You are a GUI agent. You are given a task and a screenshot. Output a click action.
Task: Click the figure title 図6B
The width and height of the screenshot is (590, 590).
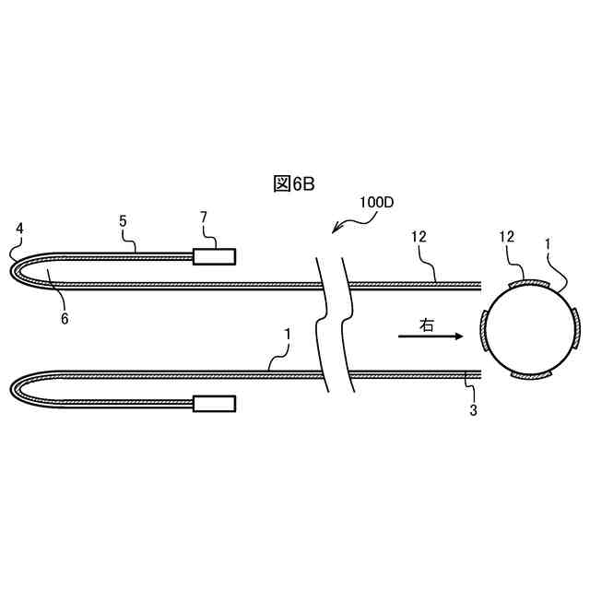pos(294,183)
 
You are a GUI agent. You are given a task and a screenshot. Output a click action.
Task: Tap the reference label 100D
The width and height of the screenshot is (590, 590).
pos(375,203)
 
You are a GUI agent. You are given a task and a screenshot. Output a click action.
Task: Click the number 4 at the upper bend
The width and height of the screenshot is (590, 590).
pos(20,228)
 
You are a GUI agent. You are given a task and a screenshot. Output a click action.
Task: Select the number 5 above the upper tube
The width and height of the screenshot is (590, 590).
pos(123,221)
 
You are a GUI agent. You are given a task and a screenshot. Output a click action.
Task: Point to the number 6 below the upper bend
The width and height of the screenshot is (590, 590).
pos(65,319)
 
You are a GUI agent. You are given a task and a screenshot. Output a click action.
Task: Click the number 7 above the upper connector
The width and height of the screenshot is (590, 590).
pos(204,217)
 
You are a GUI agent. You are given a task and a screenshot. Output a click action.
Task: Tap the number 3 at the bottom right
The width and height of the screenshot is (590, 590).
pos(473,410)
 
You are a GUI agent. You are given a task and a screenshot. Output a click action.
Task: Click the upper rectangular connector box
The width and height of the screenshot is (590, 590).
pos(214,256)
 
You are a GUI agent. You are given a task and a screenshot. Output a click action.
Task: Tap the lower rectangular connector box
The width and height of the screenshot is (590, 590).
pos(214,403)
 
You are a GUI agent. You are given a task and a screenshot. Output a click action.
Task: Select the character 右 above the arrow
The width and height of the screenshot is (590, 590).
pos(425,324)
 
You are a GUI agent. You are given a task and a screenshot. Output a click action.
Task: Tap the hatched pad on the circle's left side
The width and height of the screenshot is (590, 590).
pos(485,332)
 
